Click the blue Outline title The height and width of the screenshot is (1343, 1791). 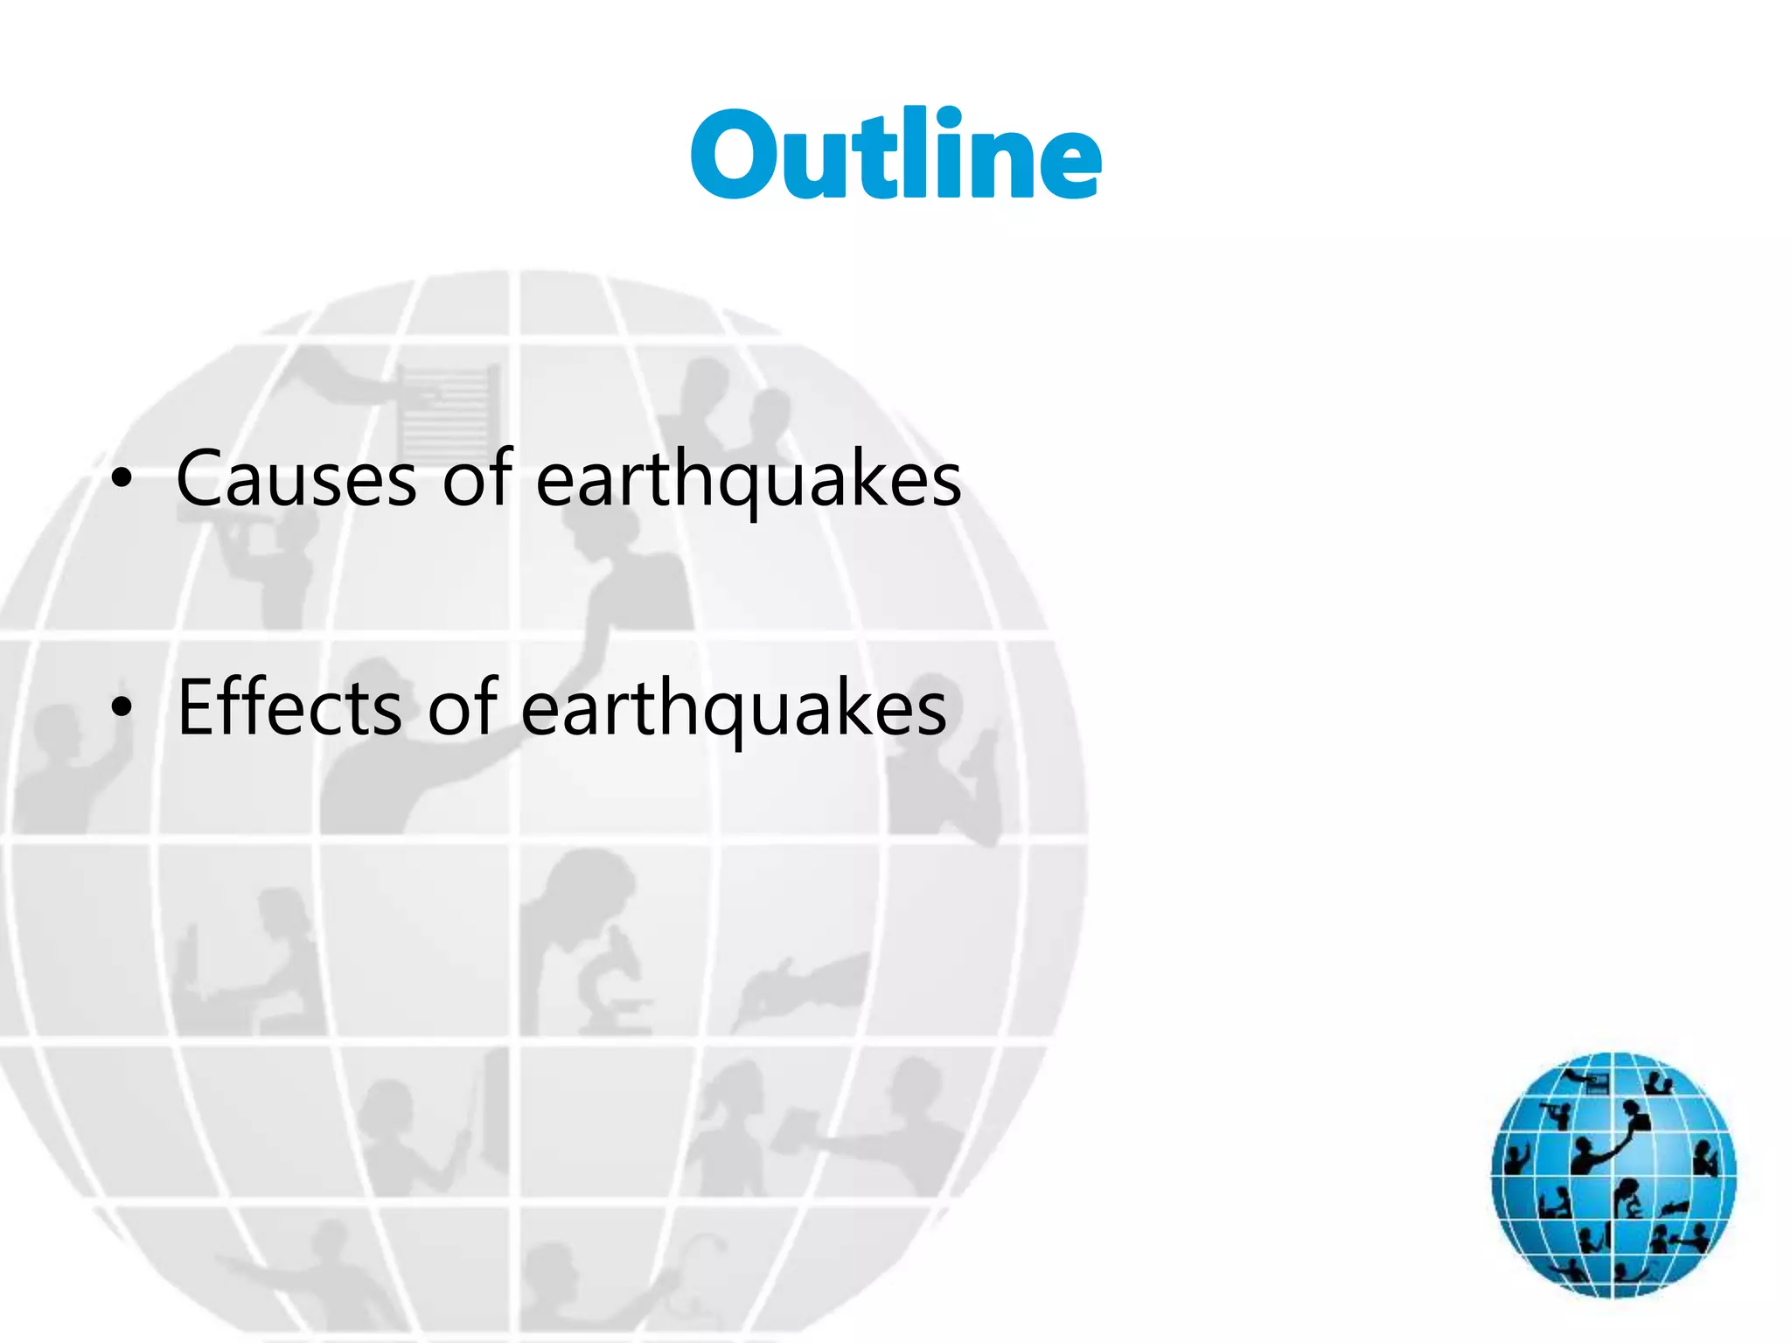tap(895, 156)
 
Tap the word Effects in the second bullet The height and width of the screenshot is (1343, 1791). tap(289, 707)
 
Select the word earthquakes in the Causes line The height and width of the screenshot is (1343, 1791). tap(748, 481)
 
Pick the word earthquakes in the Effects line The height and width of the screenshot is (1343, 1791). tap(734, 709)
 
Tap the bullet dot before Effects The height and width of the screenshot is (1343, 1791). tap(122, 707)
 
